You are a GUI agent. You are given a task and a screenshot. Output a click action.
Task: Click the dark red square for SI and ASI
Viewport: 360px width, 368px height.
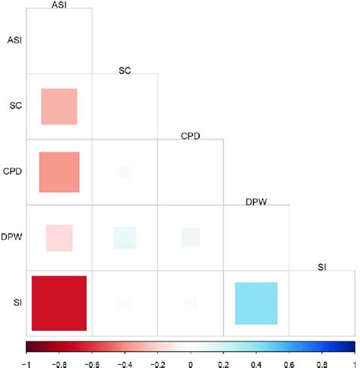click(59, 303)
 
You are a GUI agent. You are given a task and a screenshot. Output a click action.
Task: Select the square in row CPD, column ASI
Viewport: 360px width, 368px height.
click(59, 171)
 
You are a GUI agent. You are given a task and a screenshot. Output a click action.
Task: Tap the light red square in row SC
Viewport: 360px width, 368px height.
click(59, 106)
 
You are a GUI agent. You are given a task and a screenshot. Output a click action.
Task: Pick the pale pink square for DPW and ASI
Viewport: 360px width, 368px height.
click(59, 237)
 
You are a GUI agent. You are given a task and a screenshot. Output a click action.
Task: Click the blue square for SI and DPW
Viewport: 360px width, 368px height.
click(256, 303)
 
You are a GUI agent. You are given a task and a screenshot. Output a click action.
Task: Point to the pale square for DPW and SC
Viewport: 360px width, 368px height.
click(124, 237)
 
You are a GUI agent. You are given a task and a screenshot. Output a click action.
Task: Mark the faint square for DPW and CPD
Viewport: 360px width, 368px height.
click(190, 237)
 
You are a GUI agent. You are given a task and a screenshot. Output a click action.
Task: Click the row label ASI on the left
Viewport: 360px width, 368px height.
click(13, 39)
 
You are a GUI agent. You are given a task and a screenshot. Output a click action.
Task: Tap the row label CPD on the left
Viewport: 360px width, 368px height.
click(12, 171)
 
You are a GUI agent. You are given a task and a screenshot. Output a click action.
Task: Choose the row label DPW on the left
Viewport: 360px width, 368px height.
click(12, 237)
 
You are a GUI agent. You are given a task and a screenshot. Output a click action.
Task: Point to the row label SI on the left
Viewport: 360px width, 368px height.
click(16, 303)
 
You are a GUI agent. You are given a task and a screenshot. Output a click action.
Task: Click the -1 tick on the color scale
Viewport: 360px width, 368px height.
click(27, 361)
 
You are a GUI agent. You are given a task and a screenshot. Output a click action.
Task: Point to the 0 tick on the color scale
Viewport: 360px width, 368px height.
click(191, 361)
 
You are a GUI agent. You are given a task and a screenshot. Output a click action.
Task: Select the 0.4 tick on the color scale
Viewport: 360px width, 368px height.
click(256, 361)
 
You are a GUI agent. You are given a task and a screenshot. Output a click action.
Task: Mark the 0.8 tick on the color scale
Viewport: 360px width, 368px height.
click(321, 361)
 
